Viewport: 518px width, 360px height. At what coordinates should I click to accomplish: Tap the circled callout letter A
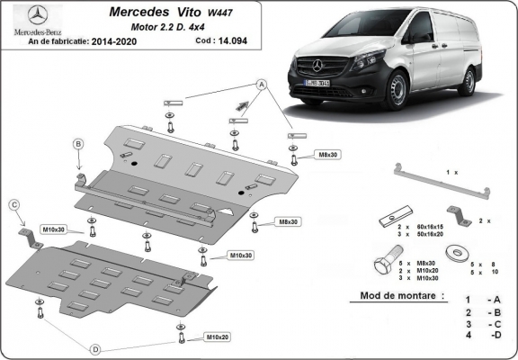pyautogui.click(x=263, y=84)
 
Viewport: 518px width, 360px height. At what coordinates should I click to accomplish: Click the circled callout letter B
pyautogui.click(x=78, y=144)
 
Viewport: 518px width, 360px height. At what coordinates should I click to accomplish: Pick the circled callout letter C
pyautogui.click(x=14, y=205)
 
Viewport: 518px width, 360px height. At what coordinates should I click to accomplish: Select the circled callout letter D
pyautogui.click(x=95, y=347)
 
